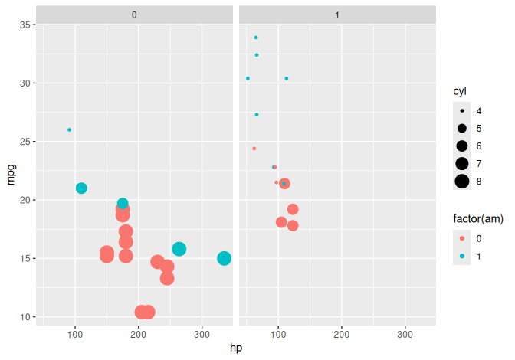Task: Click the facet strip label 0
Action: pos(134,14)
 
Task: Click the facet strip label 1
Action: pos(338,14)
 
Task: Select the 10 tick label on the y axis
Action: pos(24,317)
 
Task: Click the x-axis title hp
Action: pos(236,348)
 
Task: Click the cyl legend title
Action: pos(460,91)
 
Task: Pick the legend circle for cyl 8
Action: pos(462,181)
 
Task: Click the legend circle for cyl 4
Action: pos(462,110)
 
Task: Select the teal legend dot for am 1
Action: pos(462,256)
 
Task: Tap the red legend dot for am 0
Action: pos(462,238)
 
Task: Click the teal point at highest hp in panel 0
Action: pos(224,258)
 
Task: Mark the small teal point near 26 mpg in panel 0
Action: pos(69,129)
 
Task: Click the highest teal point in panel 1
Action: pos(256,38)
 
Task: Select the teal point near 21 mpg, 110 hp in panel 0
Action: pos(81,188)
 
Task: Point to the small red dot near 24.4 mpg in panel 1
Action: pos(254,149)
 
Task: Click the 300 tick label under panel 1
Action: pos(405,335)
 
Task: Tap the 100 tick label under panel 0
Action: pos(75,335)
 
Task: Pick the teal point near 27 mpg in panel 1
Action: pos(256,114)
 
